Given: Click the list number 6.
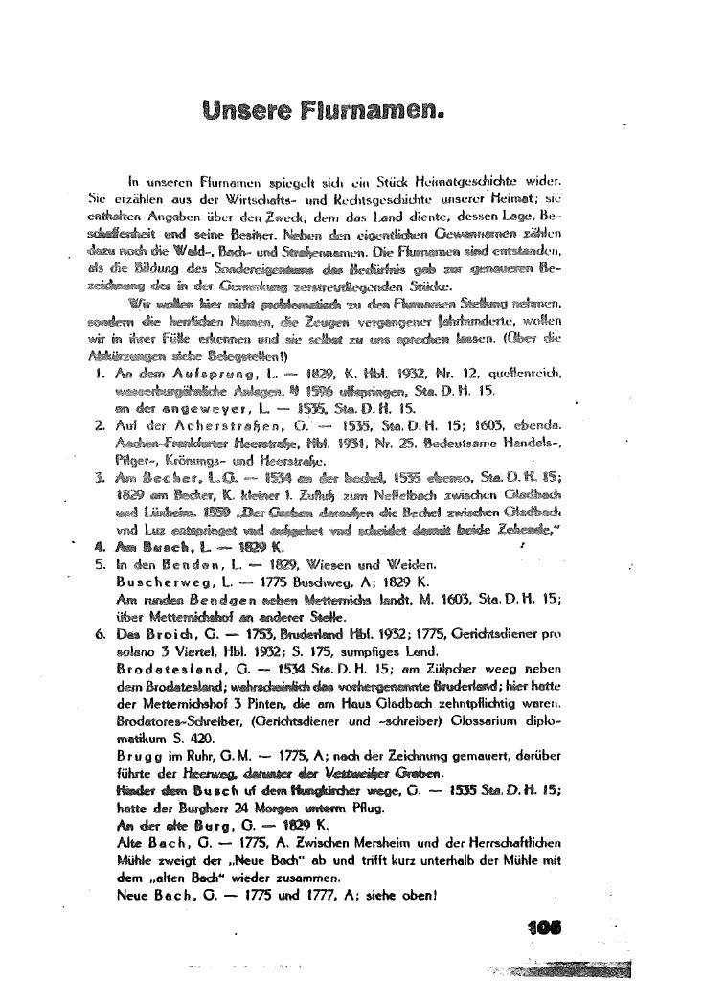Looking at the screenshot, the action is coord(101,633).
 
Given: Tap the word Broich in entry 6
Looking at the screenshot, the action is coord(172,633).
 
